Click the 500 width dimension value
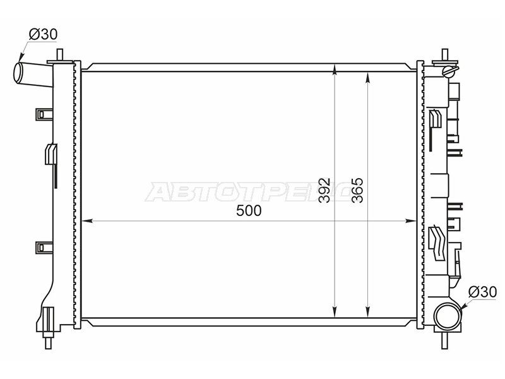coord(249,211)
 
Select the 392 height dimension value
coord(324,190)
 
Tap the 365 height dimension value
coord(357,190)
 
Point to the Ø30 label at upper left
coord(43,34)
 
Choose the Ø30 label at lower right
coord(482,292)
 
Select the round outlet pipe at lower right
coord(448,314)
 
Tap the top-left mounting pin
coord(59,55)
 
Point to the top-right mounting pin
coord(445,54)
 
